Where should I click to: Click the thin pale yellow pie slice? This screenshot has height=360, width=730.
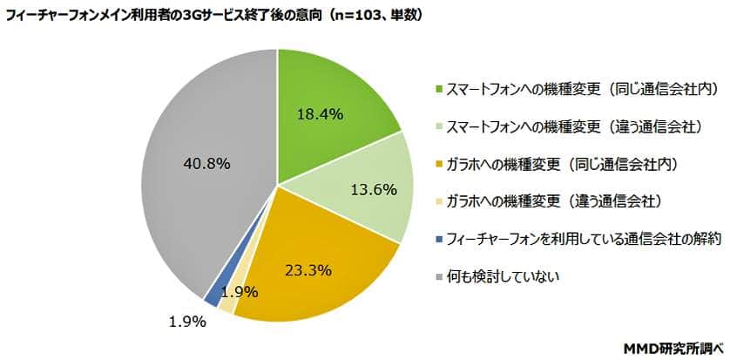[x=226, y=303]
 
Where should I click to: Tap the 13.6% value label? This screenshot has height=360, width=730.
[x=373, y=188]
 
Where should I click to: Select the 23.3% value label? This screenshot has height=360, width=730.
[x=306, y=269]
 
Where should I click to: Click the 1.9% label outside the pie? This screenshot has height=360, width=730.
[x=186, y=323]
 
